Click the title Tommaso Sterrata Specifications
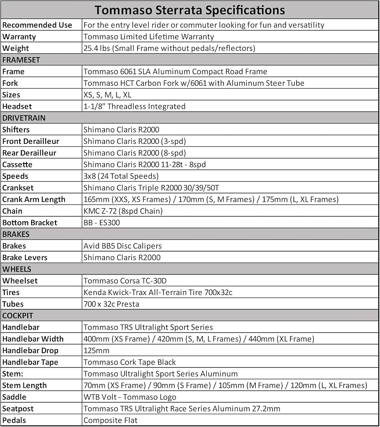pyautogui.click(x=190, y=9)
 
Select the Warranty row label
pyautogui.click(x=19, y=37)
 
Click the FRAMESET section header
pyautogui.click(x=21, y=60)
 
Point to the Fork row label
pyautogui.click(x=10, y=83)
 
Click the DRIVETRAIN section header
pyautogui.click(x=24, y=118)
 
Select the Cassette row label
pyautogui.click(x=18, y=164)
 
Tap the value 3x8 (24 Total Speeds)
pyautogui.click(x=121, y=176)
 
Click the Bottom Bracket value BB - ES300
pyautogui.click(x=102, y=222)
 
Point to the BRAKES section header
pyautogui.click(x=16, y=234)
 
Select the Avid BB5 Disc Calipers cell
pyautogui.click(x=123, y=246)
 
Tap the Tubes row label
pyautogui.click(x=13, y=304)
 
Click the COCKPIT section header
pyautogui.click(x=18, y=316)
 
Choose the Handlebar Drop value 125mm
pyautogui.click(x=96, y=351)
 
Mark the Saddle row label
pyautogui.click(x=14, y=397)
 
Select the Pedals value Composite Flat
pyautogui.click(x=111, y=420)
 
